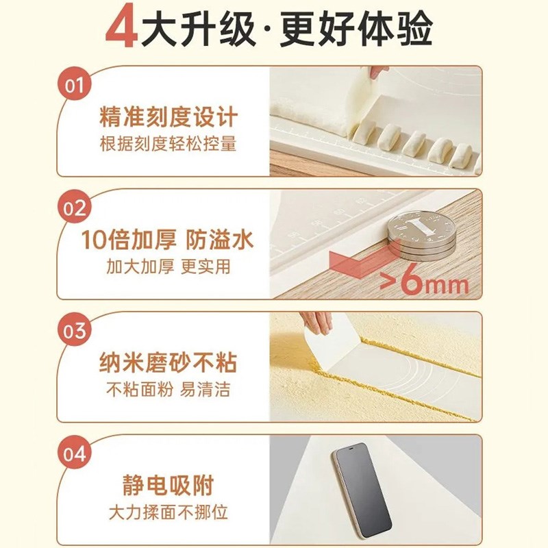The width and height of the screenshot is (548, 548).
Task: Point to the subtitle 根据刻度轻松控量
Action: (x=169, y=145)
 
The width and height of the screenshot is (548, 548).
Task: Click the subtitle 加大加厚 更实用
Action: (x=169, y=267)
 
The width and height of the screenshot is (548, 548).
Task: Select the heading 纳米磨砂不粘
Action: (x=169, y=362)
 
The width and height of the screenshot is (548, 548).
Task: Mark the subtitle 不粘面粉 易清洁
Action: (x=169, y=390)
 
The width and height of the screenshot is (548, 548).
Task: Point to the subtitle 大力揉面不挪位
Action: (x=169, y=512)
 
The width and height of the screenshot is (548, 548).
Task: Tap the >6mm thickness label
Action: (x=425, y=283)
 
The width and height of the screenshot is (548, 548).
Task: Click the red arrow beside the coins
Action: (x=356, y=263)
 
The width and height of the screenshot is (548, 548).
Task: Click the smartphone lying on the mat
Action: (x=361, y=488)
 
